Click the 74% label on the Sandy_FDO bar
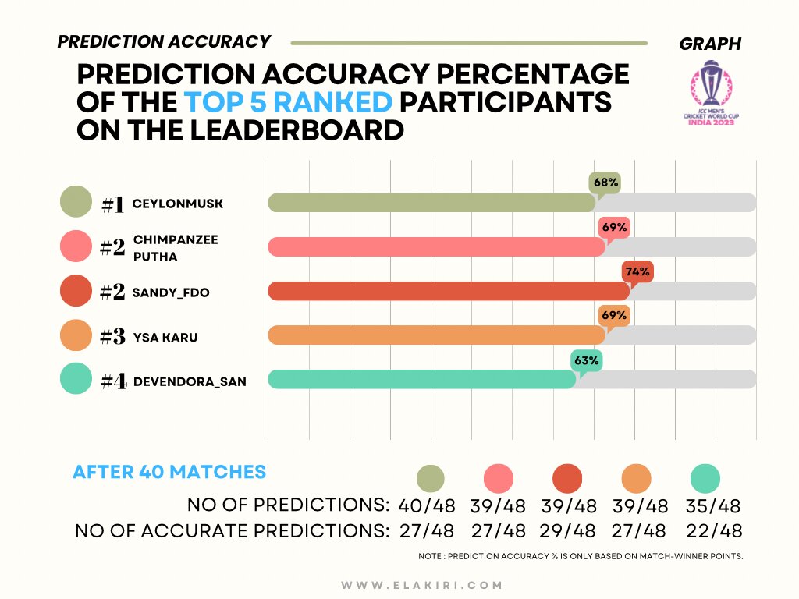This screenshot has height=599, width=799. [637, 271]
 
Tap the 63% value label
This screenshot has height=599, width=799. [587, 360]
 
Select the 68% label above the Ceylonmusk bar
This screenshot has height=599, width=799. [605, 183]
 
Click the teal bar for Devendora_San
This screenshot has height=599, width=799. [422, 380]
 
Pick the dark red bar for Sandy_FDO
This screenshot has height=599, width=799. [449, 292]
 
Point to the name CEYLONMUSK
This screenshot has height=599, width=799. [177, 204]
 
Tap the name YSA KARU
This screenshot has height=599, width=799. [165, 337]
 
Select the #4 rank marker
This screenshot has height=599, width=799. [113, 381]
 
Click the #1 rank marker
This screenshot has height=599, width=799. [112, 205]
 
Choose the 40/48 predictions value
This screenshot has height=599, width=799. [427, 505]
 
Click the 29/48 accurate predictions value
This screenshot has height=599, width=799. [567, 530]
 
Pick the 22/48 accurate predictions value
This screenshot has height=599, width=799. [714, 530]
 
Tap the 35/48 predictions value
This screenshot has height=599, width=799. [713, 505]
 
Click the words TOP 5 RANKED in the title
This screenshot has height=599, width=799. [288, 102]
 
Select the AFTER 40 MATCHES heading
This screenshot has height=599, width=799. [169, 472]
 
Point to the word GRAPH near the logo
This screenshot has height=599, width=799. [710, 44]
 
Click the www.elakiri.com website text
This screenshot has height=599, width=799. [422, 585]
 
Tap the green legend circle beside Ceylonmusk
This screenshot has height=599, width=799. [76, 202]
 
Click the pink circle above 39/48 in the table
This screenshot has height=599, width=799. [499, 479]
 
